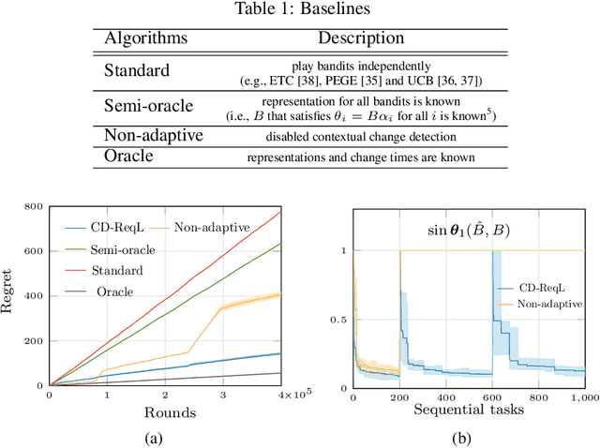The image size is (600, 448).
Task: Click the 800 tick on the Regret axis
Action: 34,206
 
